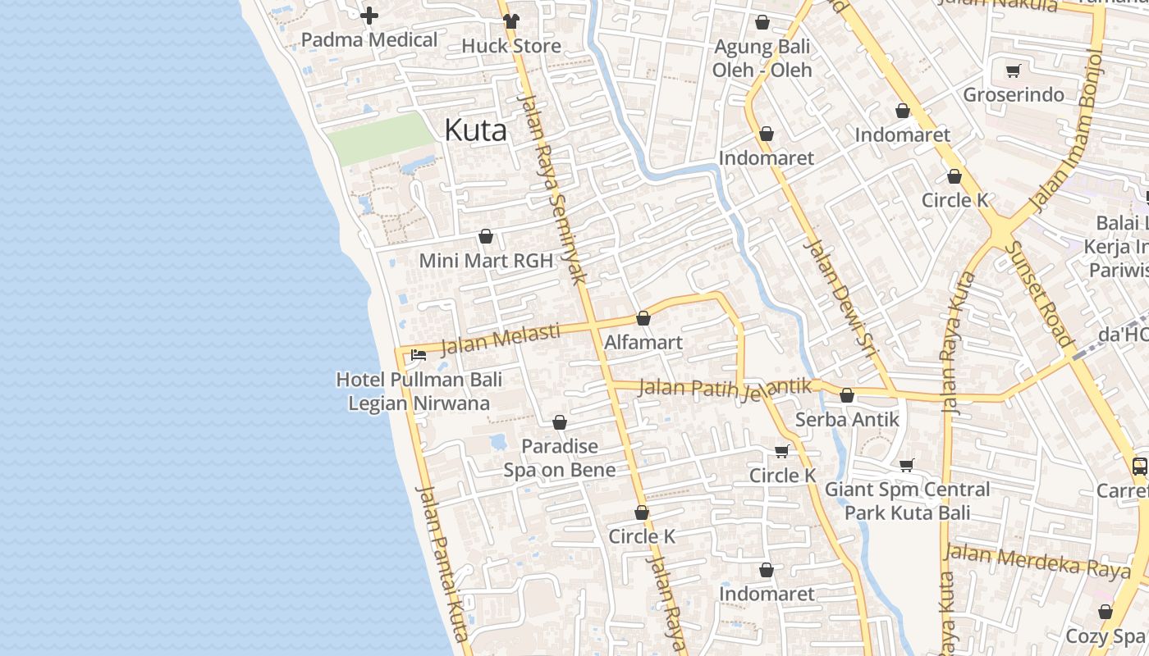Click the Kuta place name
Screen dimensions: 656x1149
(x=475, y=130)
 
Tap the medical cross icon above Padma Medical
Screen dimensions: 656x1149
(x=369, y=16)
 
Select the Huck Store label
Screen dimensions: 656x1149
(x=511, y=46)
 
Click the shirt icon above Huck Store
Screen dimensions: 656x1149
(x=511, y=21)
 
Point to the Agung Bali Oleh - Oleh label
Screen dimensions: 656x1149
(x=762, y=58)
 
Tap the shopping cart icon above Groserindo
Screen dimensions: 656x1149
(x=1013, y=71)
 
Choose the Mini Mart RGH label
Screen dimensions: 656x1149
(x=485, y=261)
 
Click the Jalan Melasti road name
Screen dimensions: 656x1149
(x=500, y=339)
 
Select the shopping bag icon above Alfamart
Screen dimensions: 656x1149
(x=643, y=318)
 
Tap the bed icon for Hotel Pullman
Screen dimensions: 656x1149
(x=418, y=355)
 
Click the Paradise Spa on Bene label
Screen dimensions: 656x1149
(x=560, y=458)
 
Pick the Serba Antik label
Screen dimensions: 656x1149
(x=847, y=420)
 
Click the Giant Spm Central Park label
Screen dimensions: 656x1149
(x=907, y=501)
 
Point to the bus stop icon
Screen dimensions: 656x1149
(x=1139, y=467)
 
